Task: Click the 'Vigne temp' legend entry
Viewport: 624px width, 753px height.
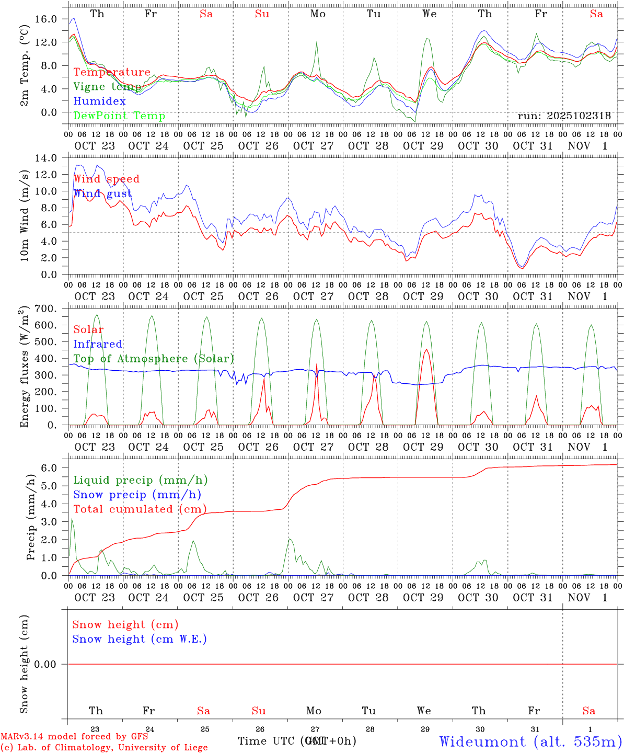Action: click(x=107, y=87)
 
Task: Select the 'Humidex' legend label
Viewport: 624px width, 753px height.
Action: click(x=99, y=101)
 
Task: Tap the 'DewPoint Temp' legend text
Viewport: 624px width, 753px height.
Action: click(x=119, y=116)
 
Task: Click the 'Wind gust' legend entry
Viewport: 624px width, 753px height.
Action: click(x=102, y=194)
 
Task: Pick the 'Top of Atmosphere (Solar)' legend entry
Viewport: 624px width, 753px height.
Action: click(x=154, y=359)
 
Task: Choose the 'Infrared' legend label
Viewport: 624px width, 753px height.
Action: click(x=98, y=344)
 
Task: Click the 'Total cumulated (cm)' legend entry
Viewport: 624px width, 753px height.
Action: click(x=140, y=509)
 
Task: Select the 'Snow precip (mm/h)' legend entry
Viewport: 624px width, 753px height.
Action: click(x=137, y=495)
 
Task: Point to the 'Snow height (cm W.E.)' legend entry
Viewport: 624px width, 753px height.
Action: click(x=140, y=639)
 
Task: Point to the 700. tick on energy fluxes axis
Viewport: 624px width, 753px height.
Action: click(x=45, y=309)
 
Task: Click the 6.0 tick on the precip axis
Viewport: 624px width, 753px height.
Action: click(x=49, y=468)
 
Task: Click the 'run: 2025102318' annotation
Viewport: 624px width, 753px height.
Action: click(x=564, y=116)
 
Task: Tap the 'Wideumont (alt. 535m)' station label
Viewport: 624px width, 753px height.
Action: click(x=530, y=741)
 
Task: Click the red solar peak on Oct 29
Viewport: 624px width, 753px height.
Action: click(x=426, y=350)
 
